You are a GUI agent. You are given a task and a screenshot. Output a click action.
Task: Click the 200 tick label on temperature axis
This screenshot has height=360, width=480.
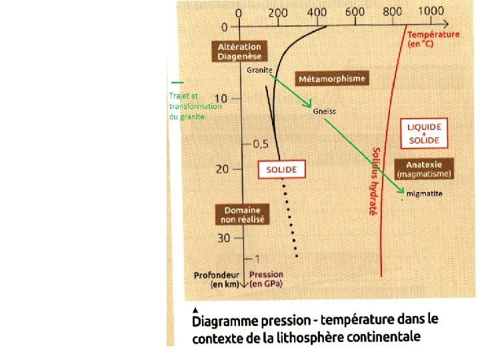[277, 13]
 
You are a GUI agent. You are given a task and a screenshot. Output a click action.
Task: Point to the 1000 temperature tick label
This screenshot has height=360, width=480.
[431, 11]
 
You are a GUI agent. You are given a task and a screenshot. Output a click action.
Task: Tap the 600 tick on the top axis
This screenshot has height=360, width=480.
[355, 12]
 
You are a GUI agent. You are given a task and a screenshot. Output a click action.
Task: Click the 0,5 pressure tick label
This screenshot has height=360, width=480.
[259, 144]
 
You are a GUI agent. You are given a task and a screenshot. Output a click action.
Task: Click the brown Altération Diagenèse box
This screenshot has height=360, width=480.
[239, 51]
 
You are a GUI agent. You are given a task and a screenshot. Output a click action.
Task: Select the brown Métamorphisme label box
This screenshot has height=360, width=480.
[331, 79]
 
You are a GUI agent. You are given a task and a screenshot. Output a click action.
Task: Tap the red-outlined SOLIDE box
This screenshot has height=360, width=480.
[281, 169]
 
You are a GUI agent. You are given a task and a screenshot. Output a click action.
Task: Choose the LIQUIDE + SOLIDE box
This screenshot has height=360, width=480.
[424, 133]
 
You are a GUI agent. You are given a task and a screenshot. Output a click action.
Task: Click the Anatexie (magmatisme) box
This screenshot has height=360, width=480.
[424, 169]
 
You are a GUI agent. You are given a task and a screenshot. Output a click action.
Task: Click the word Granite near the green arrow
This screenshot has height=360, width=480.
[259, 69]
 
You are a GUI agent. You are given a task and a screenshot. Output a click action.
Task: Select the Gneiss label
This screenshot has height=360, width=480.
[325, 111]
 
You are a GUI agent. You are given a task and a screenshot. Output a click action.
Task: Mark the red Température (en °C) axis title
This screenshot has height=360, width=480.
[433, 39]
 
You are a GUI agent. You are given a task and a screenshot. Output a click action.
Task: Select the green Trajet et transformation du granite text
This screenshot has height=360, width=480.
[194, 106]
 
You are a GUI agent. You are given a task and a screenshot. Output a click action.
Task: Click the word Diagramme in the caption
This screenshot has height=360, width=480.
[231, 321]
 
